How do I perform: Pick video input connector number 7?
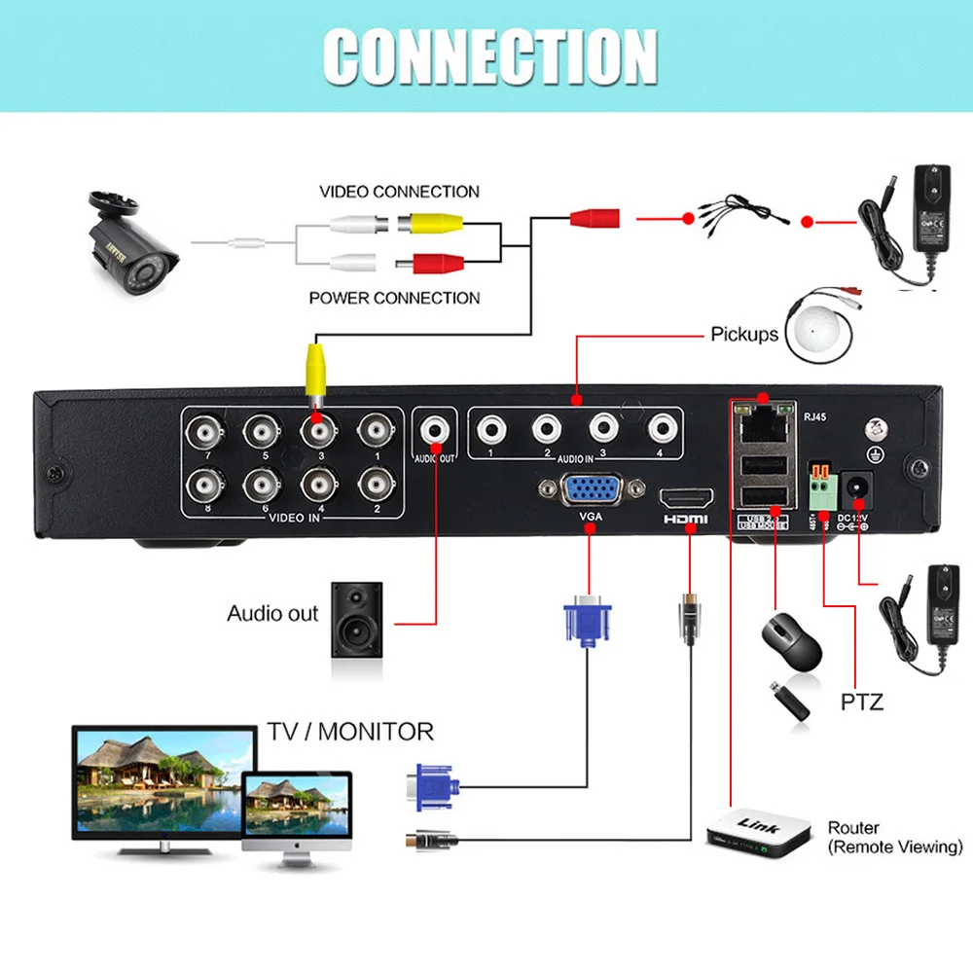pyautogui.click(x=207, y=429)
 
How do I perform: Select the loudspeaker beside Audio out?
pyautogui.click(x=356, y=619)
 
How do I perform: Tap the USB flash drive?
pyautogui.click(x=791, y=702)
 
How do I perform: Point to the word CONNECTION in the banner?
pyautogui.click(x=488, y=56)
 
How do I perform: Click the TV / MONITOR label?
pyautogui.click(x=349, y=731)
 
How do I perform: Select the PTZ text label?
pyautogui.click(x=861, y=701)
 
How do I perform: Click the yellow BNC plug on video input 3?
pyautogui.click(x=315, y=369)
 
